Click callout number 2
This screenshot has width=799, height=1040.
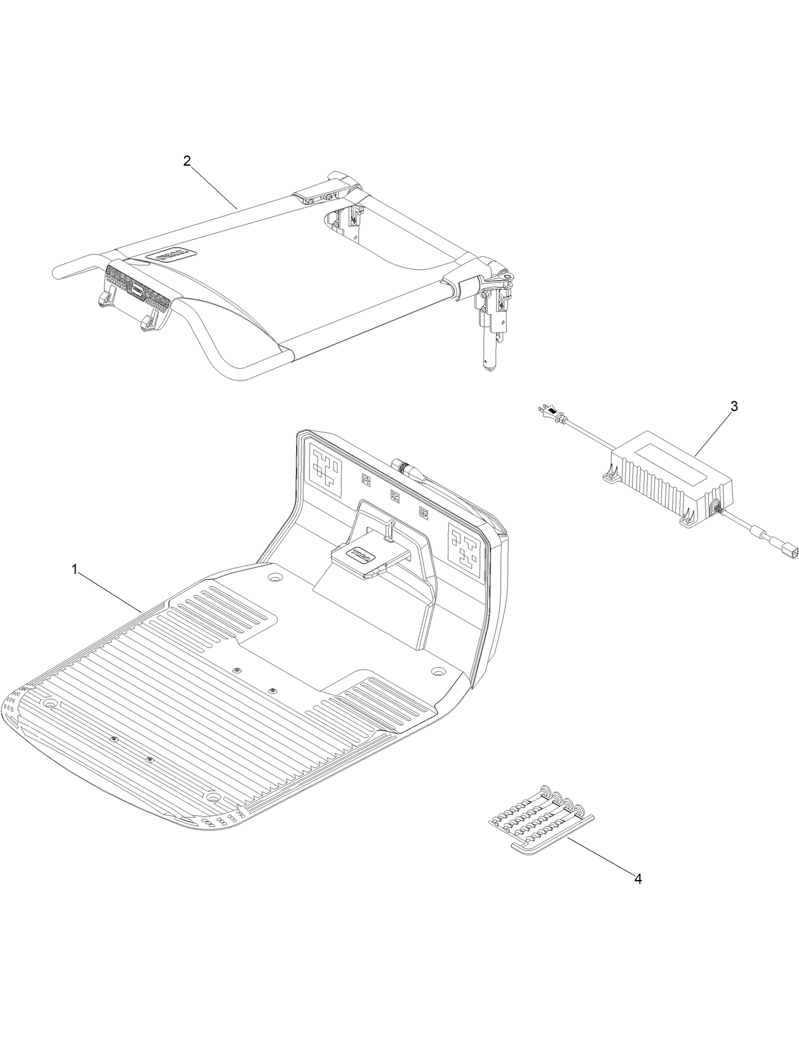186,161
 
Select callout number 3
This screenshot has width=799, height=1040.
734,407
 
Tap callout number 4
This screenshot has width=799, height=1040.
638,879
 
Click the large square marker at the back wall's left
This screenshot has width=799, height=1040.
326,472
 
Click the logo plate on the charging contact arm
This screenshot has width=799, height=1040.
361,553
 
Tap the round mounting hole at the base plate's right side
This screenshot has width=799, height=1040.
437,671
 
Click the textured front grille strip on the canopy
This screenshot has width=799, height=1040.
138,288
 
